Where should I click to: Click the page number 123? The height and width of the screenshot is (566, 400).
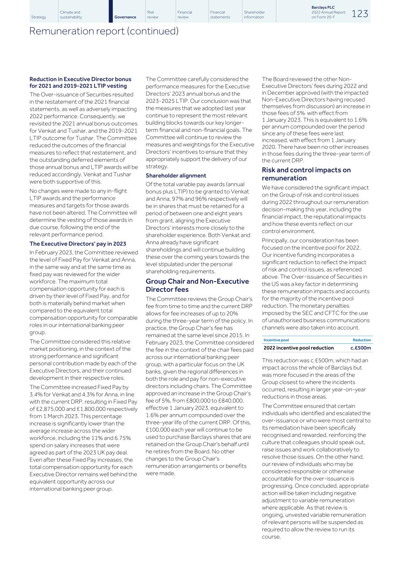pos(360,14)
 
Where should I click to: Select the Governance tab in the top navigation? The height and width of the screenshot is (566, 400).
pos(125,17)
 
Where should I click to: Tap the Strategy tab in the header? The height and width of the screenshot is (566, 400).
pos(39,17)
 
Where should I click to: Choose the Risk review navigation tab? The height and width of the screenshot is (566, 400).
pos(153,15)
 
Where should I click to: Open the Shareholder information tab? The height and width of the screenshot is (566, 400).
pos(254,15)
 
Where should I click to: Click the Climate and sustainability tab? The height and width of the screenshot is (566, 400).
pos(71,15)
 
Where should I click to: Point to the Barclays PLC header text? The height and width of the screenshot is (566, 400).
pos(323,7)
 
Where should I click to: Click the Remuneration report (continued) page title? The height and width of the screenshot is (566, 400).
pos(104,31)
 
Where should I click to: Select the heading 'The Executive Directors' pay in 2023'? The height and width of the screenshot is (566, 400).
pos(78,244)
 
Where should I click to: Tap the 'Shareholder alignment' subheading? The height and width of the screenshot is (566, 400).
pos(176,175)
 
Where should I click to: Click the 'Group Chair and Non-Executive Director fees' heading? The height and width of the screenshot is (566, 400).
pos(197,285)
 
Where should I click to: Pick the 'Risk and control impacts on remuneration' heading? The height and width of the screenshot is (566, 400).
pos(306,174)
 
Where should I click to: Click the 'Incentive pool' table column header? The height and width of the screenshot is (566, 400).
pos(276,340)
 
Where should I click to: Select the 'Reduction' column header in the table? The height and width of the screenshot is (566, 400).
pos(361,340)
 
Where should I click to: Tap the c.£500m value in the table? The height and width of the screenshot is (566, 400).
pos(361,348)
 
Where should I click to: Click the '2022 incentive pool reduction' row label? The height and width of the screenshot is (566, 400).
pos(298,348)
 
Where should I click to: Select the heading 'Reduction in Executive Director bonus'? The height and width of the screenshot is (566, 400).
pos(80,79)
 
